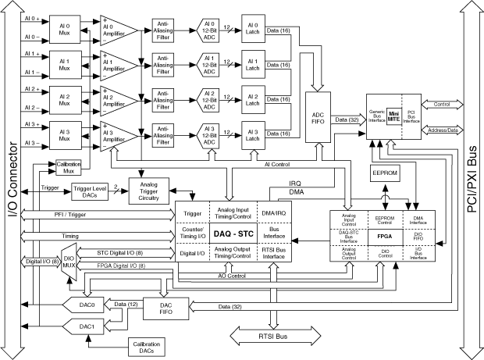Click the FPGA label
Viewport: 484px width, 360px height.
[x=383, y=233]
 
